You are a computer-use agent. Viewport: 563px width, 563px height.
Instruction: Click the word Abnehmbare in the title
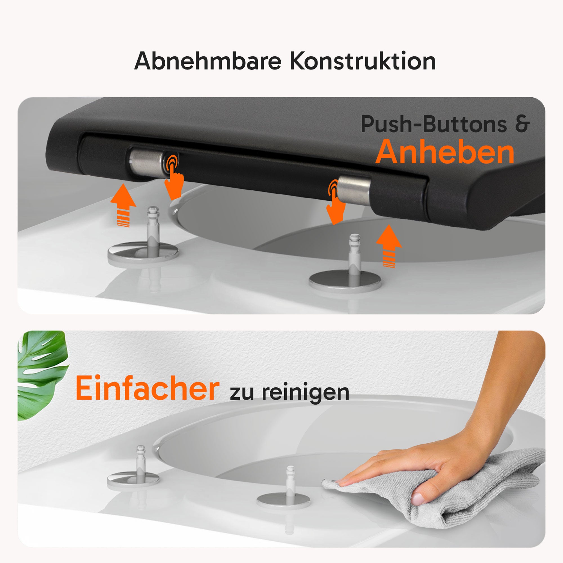tap(208, 61)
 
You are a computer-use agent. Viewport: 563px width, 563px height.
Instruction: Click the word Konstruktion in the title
tap(363, 61)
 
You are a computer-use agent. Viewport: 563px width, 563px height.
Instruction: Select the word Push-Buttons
tap(434, 124)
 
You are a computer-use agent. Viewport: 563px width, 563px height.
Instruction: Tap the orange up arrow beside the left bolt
tap(123, 205)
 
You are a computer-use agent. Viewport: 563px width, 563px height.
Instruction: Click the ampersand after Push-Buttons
tap(522, 124)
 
